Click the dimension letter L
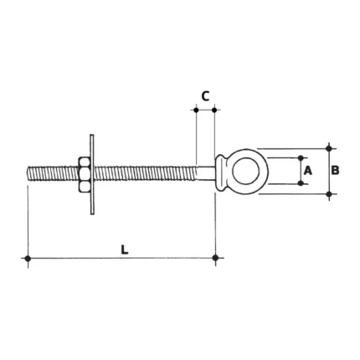(125, 249)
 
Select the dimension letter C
(205, 96)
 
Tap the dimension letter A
(307, 170)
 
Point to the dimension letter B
(335, 170)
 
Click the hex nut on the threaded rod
(84, 175)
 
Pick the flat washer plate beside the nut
(92, 175)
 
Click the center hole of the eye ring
(244, 171)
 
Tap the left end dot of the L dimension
(28, 259)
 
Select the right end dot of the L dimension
(215, 258)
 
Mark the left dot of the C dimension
(196, 111)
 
